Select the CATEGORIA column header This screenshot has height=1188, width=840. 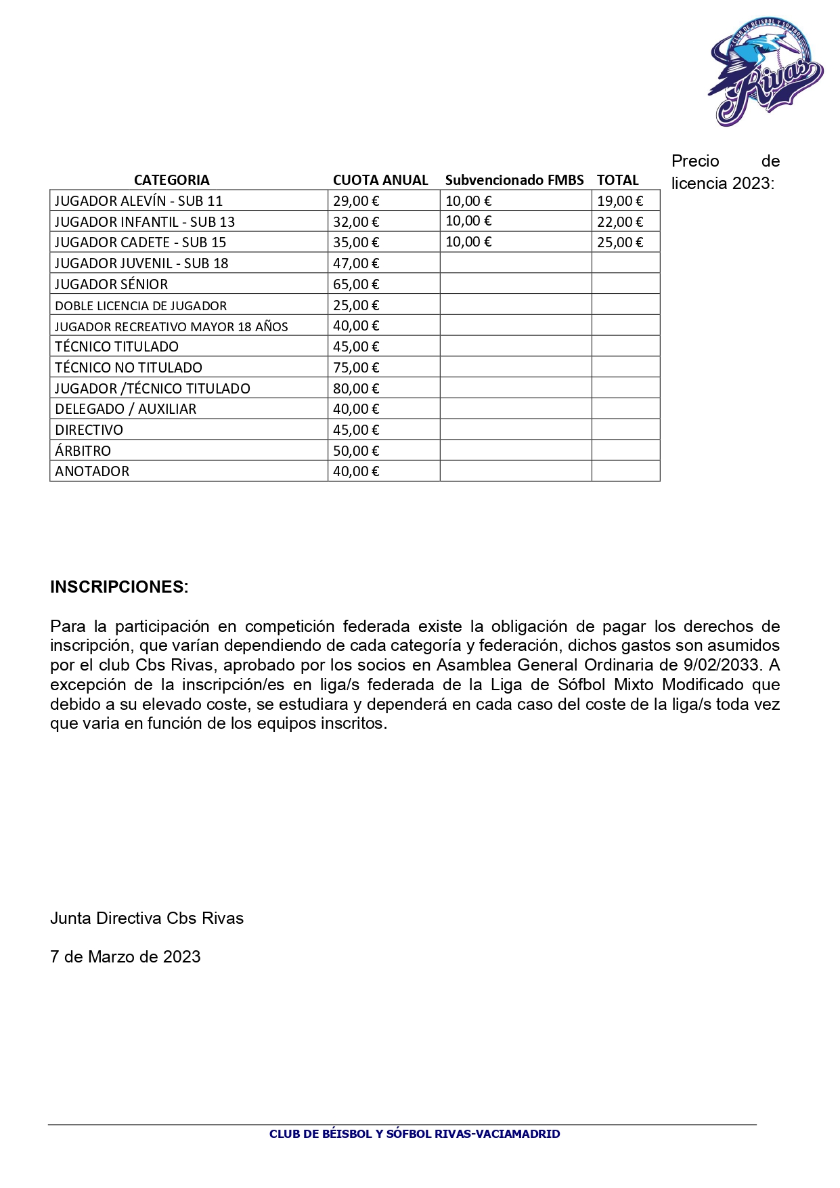(171, 180)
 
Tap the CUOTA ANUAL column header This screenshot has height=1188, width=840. (380, 180)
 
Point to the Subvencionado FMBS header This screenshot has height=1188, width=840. (514, 180)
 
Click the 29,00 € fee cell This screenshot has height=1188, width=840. (356, 201)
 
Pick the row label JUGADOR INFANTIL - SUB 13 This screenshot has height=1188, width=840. (145, 222)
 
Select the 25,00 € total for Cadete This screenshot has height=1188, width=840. (620, 242)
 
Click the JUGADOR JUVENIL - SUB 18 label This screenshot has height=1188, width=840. (141, 263)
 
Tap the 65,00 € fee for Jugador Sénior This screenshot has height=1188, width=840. (356, 284)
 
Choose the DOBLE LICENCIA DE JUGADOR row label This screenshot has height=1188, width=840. (141, 305)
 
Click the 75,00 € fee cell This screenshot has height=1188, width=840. (356, 368)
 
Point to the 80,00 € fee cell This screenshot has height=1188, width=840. (356, 389)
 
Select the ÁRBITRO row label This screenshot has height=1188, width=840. (83, 451)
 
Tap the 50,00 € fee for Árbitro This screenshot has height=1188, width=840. (356, 451)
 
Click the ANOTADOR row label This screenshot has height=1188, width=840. (92, 471)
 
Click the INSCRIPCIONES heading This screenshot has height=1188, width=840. (119, 587)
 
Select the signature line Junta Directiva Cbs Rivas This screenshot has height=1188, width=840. (147, 918)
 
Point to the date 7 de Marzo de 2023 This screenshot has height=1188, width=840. (125, 957)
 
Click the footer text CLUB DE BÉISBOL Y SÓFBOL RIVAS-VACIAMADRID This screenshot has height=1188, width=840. (414, 1134)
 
